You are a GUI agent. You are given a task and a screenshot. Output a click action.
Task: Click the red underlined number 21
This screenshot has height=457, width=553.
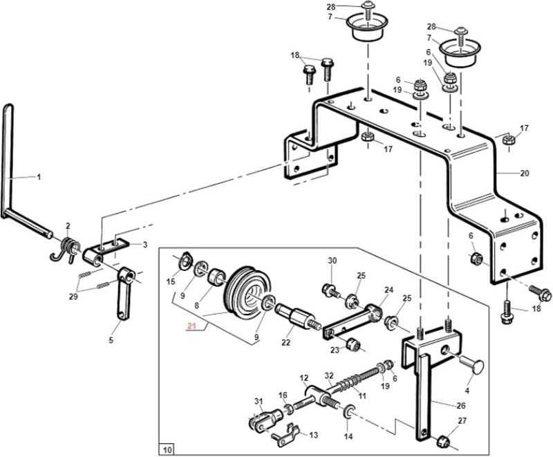191,326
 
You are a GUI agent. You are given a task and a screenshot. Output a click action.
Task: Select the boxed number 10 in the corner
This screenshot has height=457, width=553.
167,449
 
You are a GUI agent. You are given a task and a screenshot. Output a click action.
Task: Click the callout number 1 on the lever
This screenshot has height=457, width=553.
39,177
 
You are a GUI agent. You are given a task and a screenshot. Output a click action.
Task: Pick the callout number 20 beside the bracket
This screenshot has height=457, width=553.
525,173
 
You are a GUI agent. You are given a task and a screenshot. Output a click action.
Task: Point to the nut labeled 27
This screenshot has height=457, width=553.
442,442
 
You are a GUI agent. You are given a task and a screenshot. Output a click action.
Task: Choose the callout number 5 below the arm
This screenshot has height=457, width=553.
111,340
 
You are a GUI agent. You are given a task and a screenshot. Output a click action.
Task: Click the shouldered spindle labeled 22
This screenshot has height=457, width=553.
297,316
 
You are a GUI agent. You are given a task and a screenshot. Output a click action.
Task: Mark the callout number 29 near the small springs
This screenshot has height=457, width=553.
73,297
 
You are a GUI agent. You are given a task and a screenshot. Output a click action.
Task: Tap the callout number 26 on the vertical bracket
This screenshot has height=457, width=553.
461,406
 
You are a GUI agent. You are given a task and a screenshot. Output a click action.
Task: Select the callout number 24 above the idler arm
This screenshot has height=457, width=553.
388,290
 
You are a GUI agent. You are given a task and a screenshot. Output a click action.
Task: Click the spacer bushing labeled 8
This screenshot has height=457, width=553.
216,277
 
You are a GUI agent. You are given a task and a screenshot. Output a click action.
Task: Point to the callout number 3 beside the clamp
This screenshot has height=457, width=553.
145,244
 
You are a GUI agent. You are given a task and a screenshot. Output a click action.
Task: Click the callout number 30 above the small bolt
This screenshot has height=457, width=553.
332,261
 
